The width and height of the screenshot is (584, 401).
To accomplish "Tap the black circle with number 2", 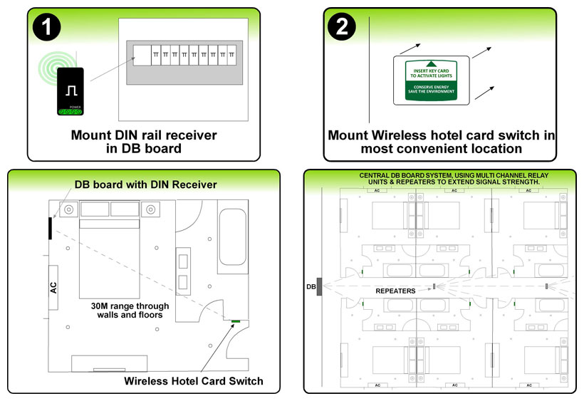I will click(x=342, y=26).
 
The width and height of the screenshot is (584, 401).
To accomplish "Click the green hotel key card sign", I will click(x=431, y=79).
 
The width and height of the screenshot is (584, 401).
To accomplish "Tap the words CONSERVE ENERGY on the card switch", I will click(x=431, y=86).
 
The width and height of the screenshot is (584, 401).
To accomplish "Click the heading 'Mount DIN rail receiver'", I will click(x=144, y=134).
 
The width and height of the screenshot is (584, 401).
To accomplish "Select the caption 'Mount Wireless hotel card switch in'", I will click(x=441, y=135).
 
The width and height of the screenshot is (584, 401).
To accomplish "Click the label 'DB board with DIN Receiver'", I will click(x=146, y=185).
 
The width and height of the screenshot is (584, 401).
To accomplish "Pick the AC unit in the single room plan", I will click(x=53, y=287).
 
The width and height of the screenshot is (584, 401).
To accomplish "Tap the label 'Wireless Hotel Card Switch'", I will click(x=194, y=381).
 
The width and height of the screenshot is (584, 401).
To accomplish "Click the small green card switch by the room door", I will click(x=234, y=322).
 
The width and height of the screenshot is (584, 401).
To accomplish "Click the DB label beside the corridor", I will click(x=311, y=286).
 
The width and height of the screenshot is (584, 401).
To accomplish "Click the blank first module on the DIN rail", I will click(x=142, y=55).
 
